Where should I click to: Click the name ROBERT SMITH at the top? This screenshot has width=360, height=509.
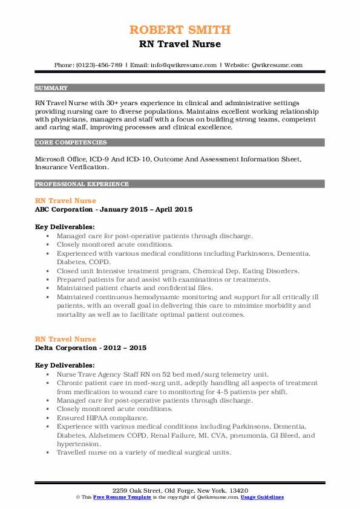pyautogui.click(x=180, y=30)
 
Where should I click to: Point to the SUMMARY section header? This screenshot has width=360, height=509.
pyautogui.click(x=51, y=88)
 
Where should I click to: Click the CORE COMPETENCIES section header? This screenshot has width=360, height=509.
pyautogui.click(x=71, y=143)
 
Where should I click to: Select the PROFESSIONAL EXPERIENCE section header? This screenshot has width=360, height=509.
pyautogui.click(x=81, y=184)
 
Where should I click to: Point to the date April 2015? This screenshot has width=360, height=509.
pyautogui.click(x=174, y=209)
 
